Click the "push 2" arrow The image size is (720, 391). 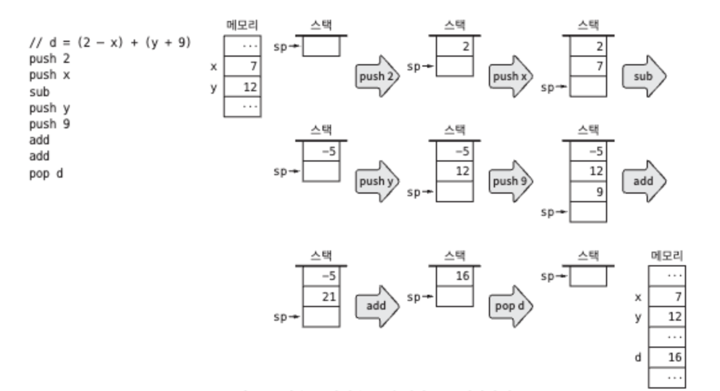(376, 76)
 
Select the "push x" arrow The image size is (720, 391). (509, 76)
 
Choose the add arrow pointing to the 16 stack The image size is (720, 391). (376, 306)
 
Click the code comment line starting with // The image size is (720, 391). (110, 43)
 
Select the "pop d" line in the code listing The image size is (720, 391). (46, 173)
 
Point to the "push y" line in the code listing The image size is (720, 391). (49, 108)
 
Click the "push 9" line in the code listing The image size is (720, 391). (49, 124)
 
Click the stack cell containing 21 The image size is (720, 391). (321, 297)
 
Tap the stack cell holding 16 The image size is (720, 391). (454, 276)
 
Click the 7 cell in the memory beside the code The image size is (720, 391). (241, 65)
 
